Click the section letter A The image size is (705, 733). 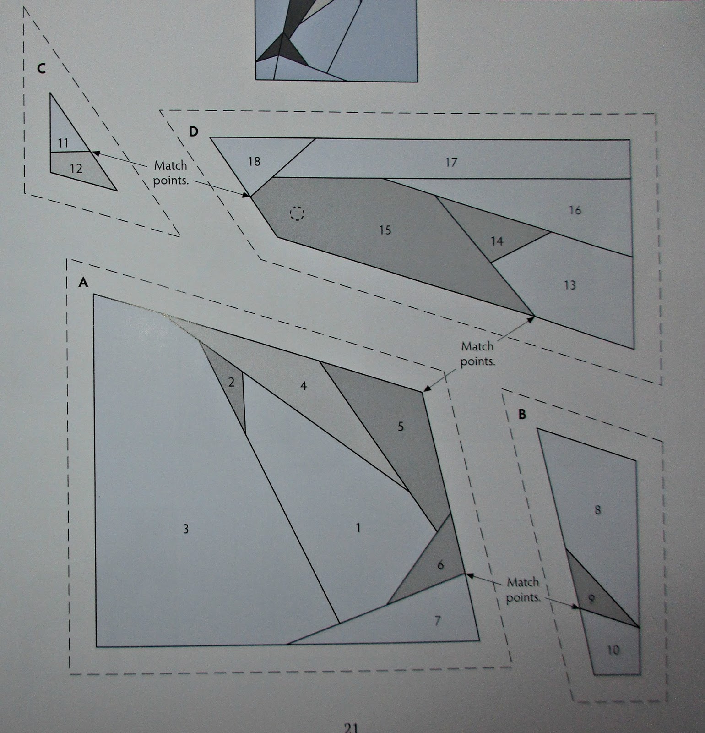(x=83, y=283)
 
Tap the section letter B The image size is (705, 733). (x=521, y=415)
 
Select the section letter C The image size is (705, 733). (x=41, y=69)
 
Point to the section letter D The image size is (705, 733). (x=194, y=132)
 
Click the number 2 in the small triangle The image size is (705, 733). (x=231, y=382)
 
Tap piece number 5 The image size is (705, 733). (x=401, y=427)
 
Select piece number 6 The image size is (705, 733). (x=440, y=565)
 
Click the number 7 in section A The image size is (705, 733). (x=437, y=621)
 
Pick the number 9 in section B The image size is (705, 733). (x=591, y=598)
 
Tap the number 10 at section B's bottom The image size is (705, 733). (x=613, y=650)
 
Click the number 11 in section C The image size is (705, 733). (x=63, y=143)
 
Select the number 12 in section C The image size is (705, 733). (x=76, y=169)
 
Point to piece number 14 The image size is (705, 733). (x=497, y=241)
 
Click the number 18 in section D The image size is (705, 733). (x=254, y=161)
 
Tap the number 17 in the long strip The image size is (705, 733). (x=451, y=162)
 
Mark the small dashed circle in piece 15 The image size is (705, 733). (x=297, y=213)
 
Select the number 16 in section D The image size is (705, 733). (x=575, y=210)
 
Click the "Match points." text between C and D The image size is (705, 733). (x=170, y=173)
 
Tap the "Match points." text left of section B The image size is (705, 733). (x=523, y=590)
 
